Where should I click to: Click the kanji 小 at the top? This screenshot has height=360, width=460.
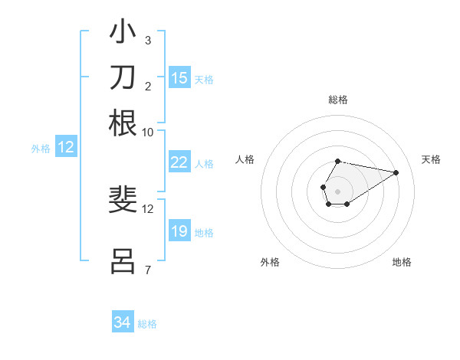123,33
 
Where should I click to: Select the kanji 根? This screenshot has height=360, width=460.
123,123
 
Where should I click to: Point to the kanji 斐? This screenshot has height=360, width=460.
123,200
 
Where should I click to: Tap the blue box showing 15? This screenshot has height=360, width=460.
179,78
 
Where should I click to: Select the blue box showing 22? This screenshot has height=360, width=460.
179,162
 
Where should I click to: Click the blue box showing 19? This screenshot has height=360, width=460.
179,231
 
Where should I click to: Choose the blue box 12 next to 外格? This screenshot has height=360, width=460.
66,148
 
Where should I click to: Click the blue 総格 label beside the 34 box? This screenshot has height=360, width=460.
147,324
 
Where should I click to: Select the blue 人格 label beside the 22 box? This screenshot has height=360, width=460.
204,164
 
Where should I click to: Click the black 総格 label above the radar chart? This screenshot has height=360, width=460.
337,100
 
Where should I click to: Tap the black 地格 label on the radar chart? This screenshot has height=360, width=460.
402,263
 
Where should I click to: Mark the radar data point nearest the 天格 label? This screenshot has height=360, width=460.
396,172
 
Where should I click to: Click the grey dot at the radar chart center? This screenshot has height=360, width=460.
337,190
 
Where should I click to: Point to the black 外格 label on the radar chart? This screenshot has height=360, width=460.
270,263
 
